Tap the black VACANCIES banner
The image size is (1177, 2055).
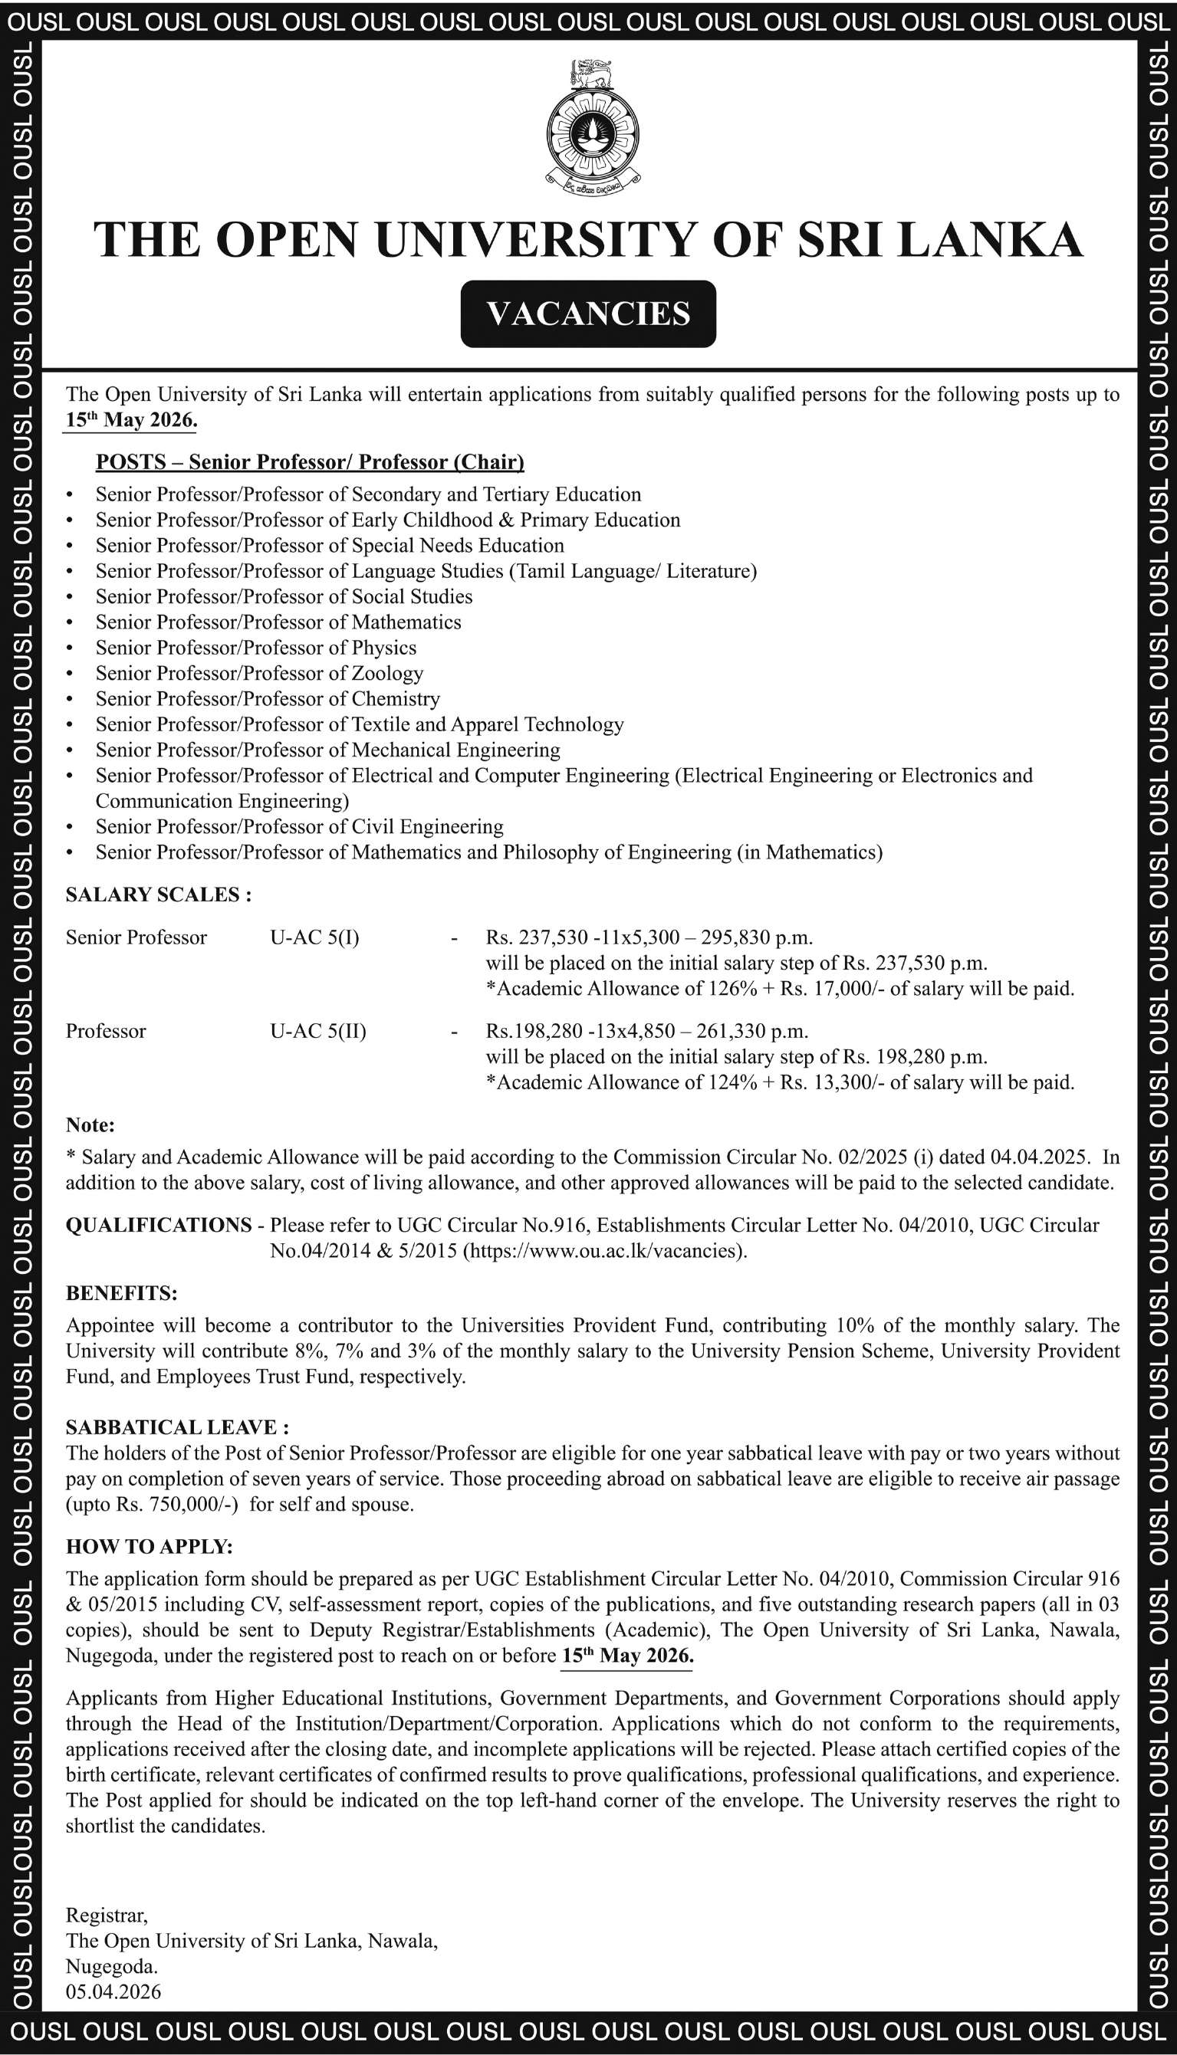[589, 314]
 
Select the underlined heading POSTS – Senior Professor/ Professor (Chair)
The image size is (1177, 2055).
[310, 462]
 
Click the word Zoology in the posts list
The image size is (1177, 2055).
[387, 673]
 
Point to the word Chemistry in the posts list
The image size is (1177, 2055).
[396, 699]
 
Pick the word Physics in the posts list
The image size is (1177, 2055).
[384, 648]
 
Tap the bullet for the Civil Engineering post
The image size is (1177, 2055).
[71, 828]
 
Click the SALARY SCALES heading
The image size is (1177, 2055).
[159, 895]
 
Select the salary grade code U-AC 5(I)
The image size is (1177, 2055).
[314, 937]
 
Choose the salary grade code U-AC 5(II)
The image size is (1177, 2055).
[317, 1031]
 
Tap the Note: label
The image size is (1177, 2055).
[90, 1125]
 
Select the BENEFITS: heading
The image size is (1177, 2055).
[121, 1293]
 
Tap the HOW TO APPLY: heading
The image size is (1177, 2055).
[150, 1547]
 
